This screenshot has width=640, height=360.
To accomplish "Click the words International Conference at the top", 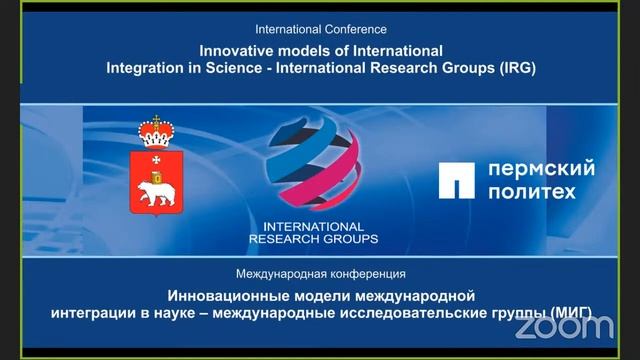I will click(320, 30).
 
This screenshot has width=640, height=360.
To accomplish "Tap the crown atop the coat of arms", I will click(155, 130).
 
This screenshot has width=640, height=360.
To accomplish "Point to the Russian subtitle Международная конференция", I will click(320, 273).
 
